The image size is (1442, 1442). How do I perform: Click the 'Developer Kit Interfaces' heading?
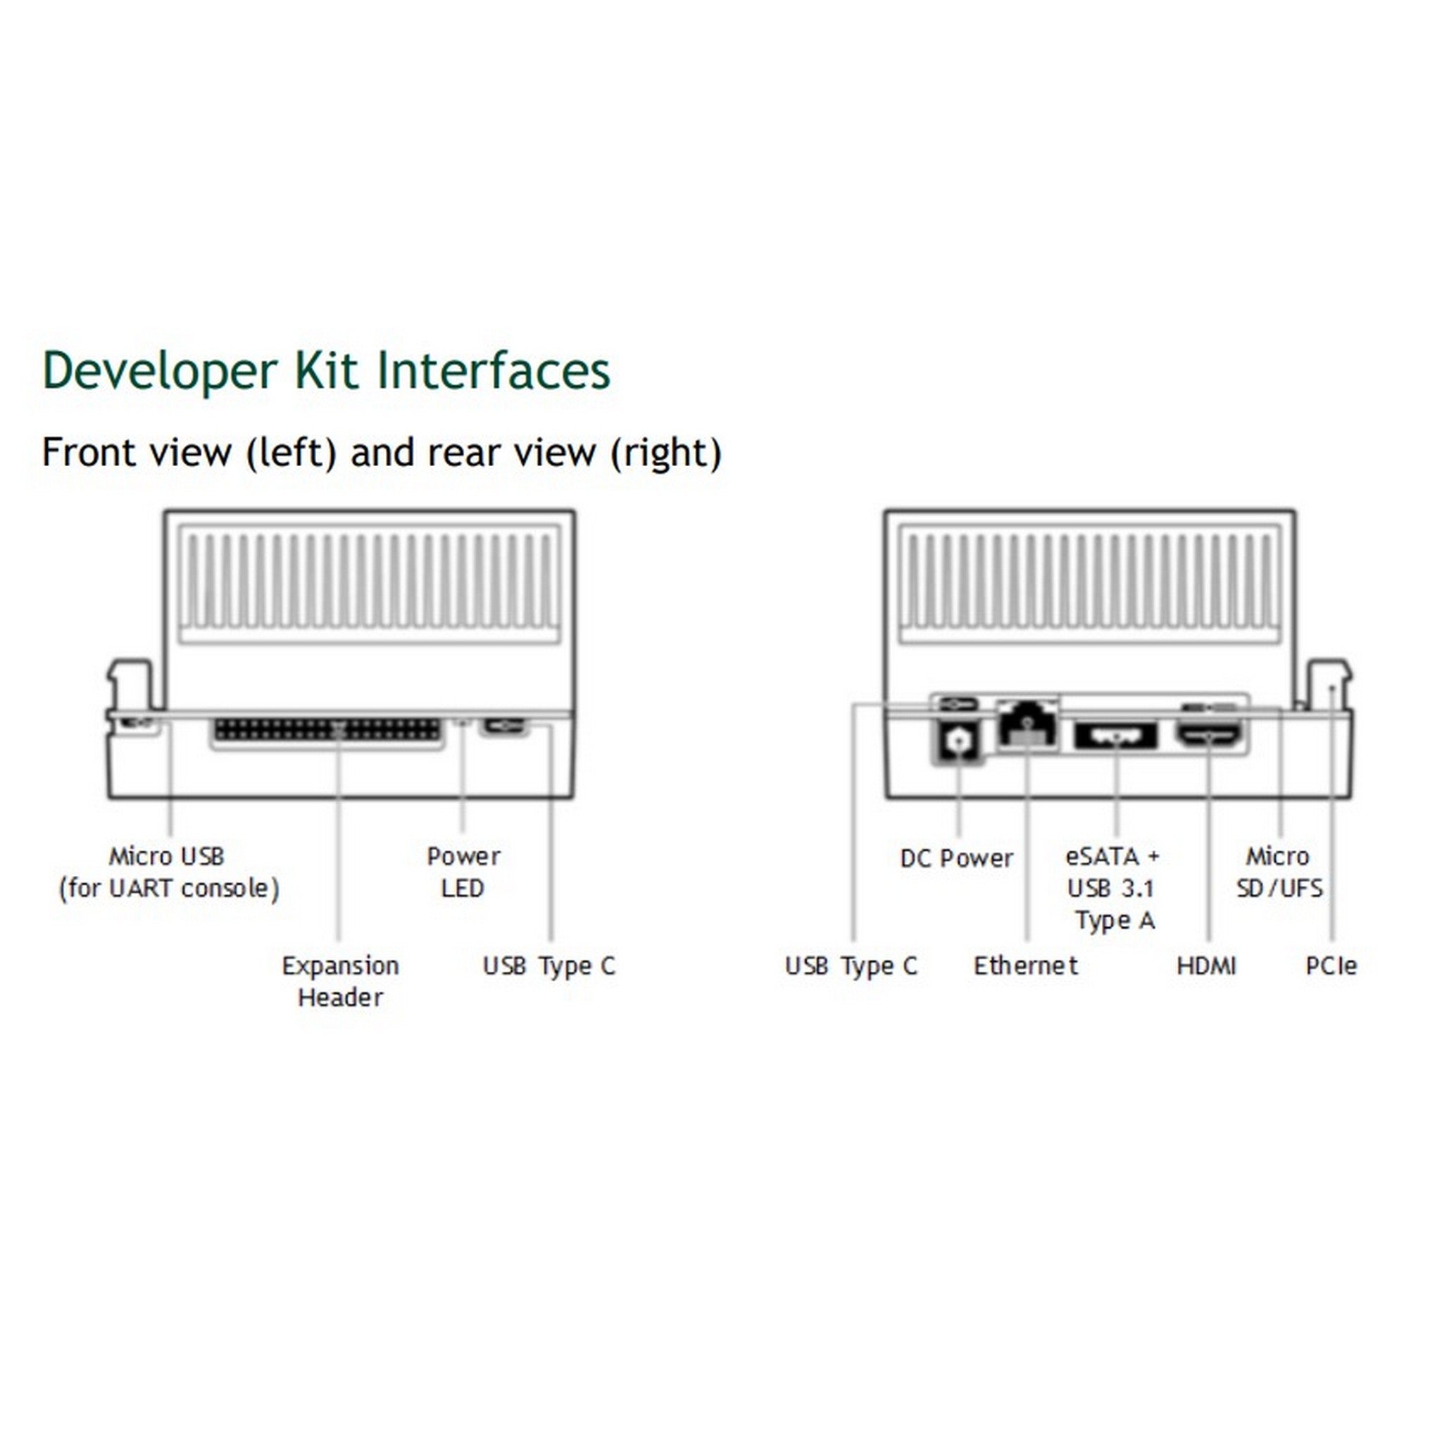coord(326,370)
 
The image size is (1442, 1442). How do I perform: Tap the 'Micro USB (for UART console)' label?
coord(169,872)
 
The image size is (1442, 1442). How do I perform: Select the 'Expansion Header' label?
coord(340,981)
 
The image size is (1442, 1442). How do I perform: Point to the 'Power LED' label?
coord(463,872)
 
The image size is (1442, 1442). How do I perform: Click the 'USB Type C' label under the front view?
coord(549,966)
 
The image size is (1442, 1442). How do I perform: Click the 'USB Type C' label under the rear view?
coord(851,966)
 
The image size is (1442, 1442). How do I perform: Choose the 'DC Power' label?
coord(956,858)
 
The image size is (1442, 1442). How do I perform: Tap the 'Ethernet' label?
coord(1025,966)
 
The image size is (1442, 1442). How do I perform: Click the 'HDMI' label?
coord(1206,966)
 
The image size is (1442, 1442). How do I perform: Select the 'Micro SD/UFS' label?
coord(1279,872)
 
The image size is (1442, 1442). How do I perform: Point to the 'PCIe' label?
coord(1331,966)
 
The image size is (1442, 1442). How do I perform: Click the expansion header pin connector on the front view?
coord(327,729)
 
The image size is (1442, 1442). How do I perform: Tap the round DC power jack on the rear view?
coord(958,741)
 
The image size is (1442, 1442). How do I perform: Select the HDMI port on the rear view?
coord(1209,734)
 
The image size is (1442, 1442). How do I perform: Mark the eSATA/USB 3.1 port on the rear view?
coord(1115,736)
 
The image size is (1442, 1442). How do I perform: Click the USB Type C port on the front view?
coord(505,725)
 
